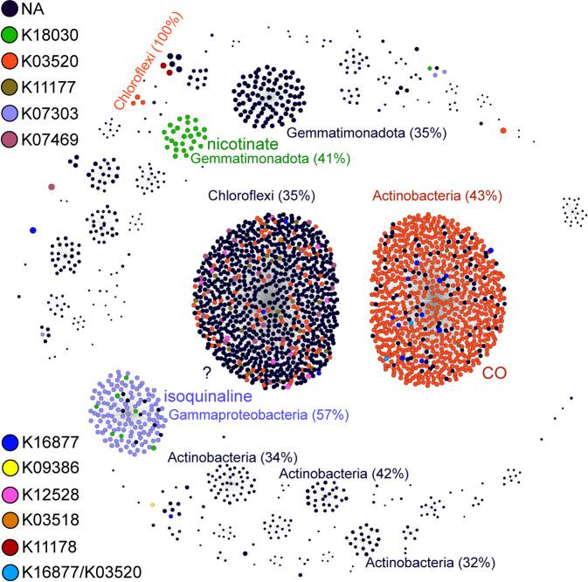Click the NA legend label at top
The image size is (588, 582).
pyautogui.click(x=34, y=11)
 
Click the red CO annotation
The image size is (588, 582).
pyautogui.click(x=496, y=373)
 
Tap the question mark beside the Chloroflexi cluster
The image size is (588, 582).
pyautogui.click(x=205, y=370)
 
